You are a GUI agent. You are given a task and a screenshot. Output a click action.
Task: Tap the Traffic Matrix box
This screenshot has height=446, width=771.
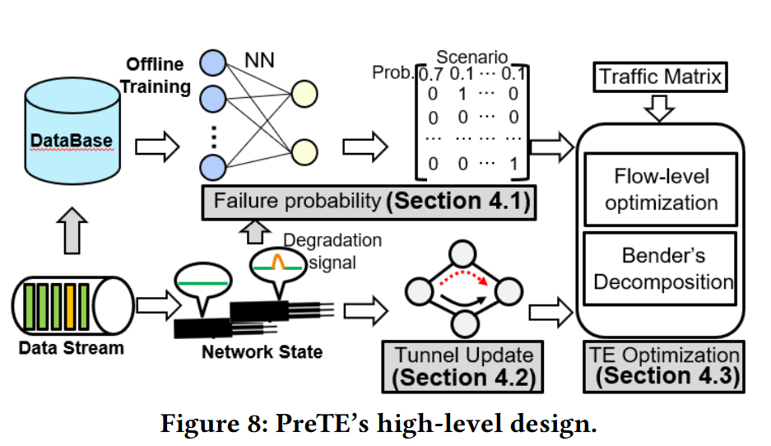[661, 77]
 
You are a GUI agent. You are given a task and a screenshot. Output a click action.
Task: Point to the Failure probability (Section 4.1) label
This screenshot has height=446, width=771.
[368, 202]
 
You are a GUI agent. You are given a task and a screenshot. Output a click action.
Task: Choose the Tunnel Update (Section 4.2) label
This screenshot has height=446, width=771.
[462, 367]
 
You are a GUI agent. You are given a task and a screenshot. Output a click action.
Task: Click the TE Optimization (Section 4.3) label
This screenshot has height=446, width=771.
[664, 367]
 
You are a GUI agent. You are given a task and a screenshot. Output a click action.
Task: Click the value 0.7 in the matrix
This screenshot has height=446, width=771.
[429, 74]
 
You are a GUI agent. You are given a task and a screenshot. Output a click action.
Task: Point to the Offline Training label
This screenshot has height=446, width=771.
[158, 75]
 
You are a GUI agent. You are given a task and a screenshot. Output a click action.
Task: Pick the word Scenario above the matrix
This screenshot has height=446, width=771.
[471, 57]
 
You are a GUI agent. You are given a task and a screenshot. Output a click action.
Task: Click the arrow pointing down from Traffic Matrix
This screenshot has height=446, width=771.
[661, 107]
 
